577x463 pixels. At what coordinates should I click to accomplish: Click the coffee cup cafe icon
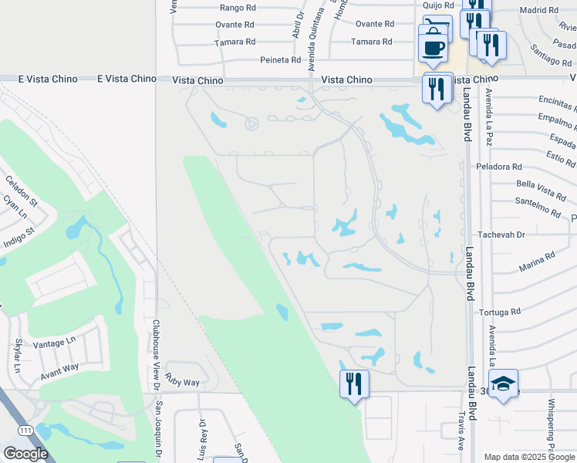pos(434,46)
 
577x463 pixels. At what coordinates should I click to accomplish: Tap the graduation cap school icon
pos(503,384)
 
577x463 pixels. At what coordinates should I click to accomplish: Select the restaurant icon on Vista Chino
pos(437,89)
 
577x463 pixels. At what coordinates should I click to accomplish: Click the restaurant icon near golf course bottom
pos(354,383)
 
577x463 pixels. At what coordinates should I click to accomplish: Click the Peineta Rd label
pos(280,59)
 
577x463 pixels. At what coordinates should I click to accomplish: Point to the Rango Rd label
pos(238,8)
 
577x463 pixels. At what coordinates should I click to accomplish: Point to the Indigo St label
pos(20,232)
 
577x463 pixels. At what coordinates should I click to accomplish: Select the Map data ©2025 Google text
pos(528,457)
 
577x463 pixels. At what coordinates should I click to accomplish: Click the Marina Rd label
pos(538,257)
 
